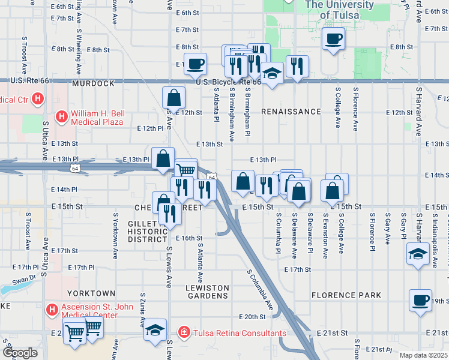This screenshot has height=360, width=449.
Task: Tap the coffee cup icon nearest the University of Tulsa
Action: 334,40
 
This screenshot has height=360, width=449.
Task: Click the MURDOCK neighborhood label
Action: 93,83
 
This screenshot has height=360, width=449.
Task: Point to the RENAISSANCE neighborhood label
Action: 291,112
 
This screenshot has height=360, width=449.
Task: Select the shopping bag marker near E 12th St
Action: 173,97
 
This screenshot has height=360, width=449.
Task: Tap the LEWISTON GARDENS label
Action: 207,292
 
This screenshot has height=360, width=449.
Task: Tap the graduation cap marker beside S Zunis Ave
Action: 155,330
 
